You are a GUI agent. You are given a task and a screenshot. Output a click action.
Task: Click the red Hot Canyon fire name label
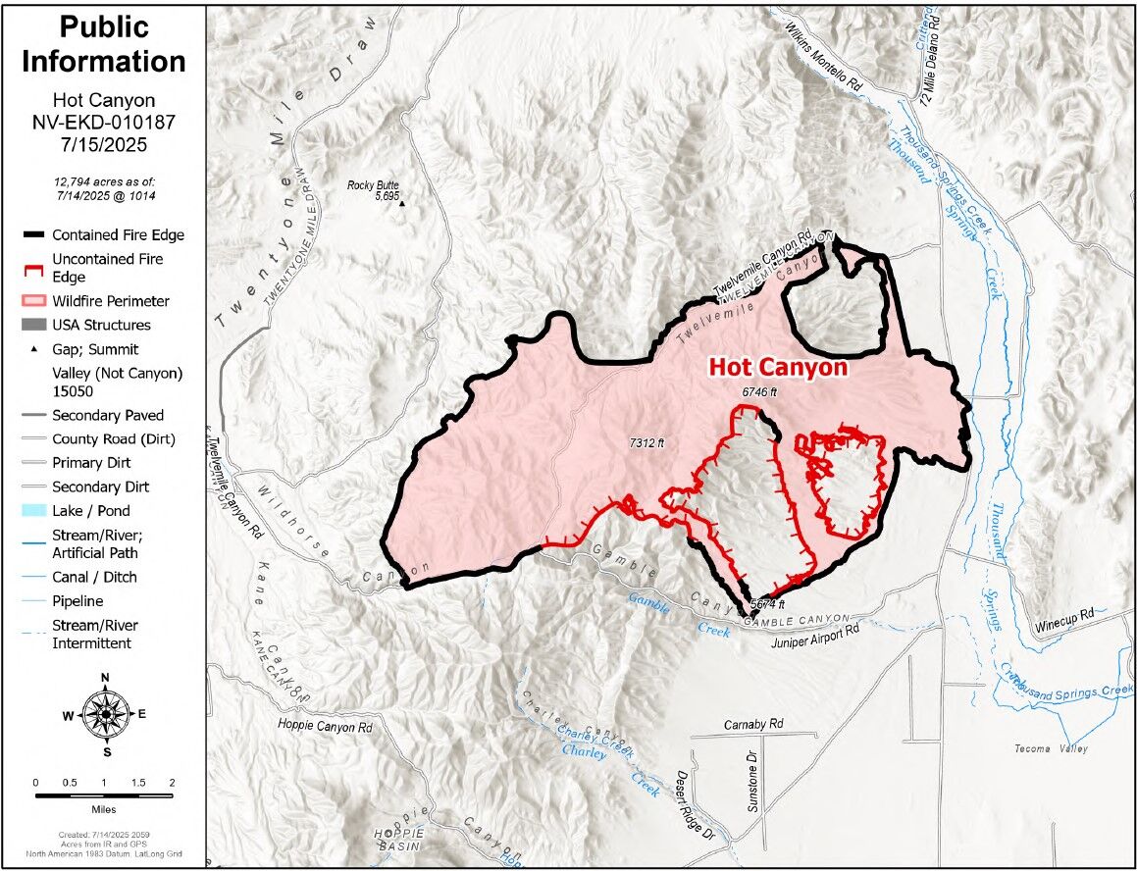777,368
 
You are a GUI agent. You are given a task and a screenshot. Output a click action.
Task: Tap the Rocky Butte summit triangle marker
401,204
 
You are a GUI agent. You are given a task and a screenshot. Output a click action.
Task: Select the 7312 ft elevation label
647,443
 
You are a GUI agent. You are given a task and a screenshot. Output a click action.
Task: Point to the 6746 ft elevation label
758,391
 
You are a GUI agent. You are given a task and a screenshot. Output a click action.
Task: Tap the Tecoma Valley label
1051,749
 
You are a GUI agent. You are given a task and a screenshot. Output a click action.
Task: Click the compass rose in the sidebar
105,713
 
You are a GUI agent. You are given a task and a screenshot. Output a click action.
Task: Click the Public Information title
103,43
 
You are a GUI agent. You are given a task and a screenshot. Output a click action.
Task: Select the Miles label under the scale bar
103,810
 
